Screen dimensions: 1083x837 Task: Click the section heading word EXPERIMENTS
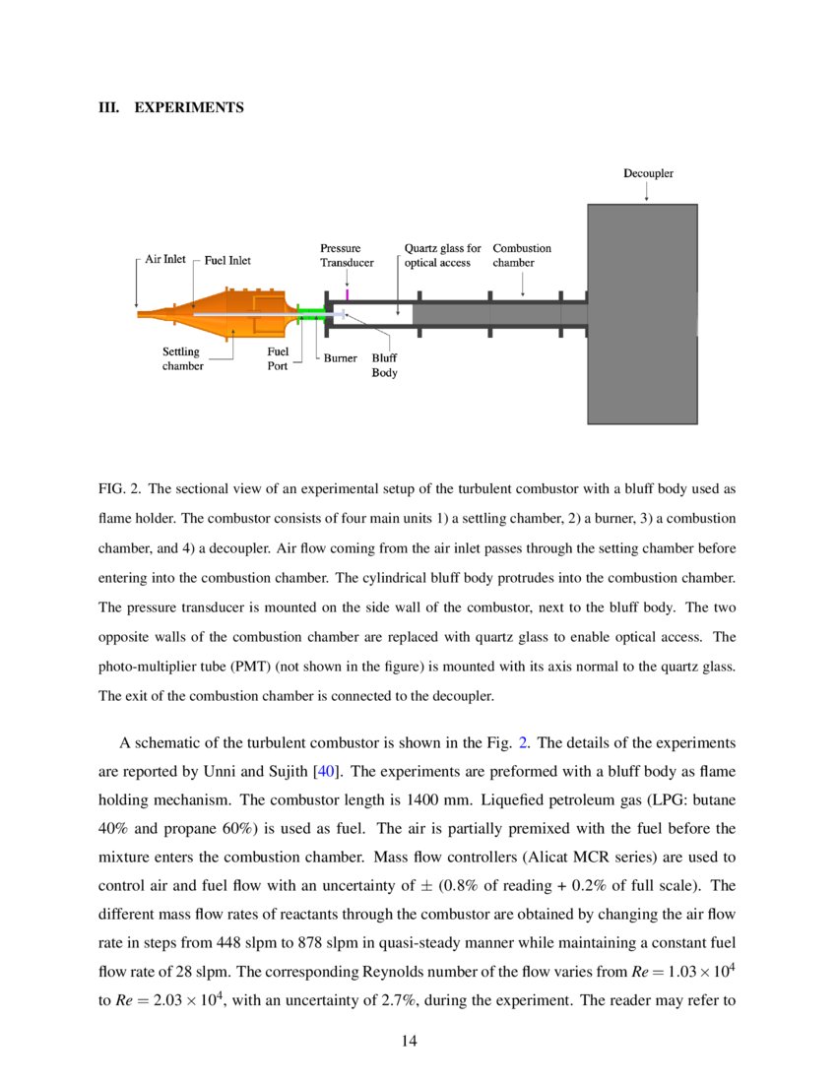188,107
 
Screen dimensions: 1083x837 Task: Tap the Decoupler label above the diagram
647,173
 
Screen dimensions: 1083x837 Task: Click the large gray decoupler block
642,315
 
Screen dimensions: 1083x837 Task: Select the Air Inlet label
164,259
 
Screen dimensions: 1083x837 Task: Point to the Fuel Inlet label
227,260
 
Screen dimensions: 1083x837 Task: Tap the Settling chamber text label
182,358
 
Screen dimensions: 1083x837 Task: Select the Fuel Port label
278,358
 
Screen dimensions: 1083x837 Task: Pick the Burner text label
340,358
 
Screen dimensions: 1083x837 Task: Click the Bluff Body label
384,365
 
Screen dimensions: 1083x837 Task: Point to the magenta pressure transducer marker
348,293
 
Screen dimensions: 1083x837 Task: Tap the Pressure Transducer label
346,256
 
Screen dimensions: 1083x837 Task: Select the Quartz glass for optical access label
442,256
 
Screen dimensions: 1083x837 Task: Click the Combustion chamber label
521,256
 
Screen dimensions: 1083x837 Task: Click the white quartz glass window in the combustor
379,314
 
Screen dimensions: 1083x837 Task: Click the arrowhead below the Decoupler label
646,198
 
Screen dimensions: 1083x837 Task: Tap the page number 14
412,1042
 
